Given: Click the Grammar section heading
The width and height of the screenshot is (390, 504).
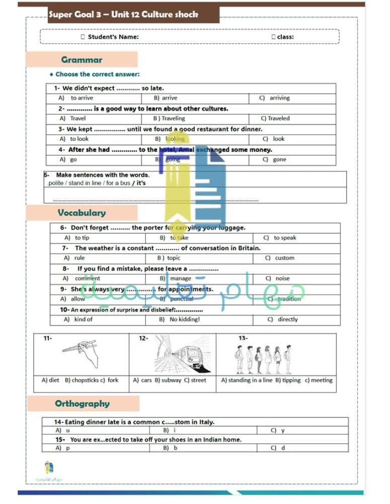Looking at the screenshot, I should pos(82,59).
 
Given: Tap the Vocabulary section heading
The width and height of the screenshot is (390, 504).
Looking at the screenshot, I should pos(82,213).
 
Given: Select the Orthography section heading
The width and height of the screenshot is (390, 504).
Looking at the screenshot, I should pos(82,404).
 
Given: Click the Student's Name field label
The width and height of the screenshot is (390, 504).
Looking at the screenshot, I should pos(113,37).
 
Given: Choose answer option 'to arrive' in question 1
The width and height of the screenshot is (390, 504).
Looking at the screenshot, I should pos(82,98).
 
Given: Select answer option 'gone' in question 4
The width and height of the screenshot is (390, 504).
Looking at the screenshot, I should pos(279,159).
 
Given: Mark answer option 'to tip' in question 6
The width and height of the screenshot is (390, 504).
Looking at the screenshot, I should pos(82,238).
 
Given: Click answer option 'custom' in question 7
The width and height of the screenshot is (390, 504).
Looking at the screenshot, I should pos(284,258).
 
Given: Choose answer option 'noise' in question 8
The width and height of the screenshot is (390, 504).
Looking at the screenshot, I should pos(282,278).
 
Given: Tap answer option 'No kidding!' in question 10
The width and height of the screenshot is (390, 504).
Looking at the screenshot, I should pos(185,320).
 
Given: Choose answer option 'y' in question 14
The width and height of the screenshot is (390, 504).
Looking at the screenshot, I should pos(282,430).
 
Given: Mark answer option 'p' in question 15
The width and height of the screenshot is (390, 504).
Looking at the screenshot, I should pos(67,448).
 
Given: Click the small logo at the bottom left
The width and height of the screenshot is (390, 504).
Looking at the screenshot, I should pos(49,468).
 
